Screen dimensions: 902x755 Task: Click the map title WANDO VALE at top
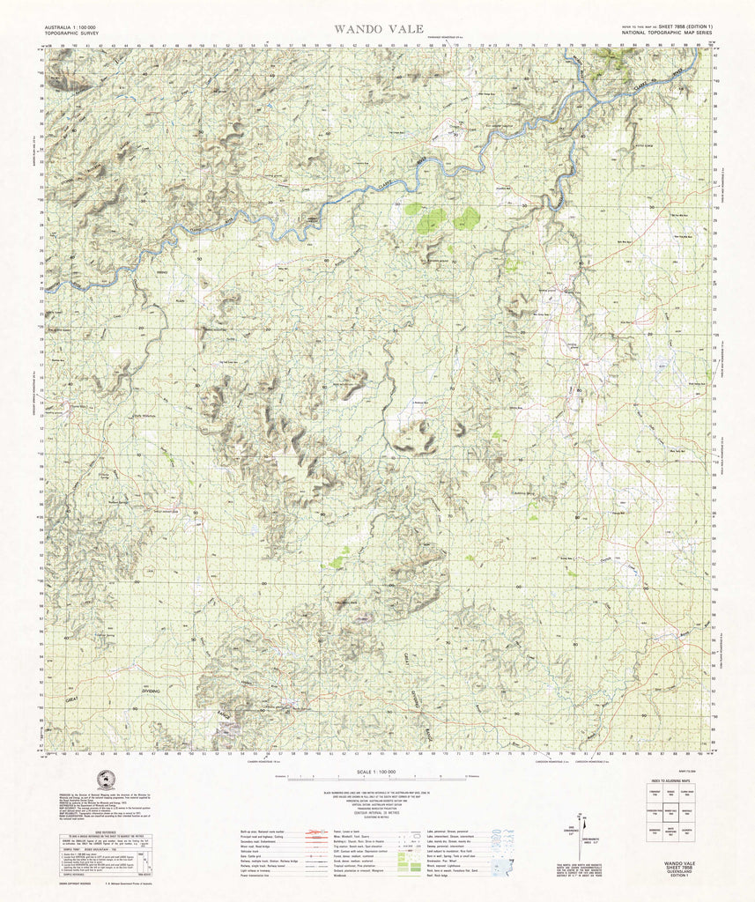[x=377, y=29]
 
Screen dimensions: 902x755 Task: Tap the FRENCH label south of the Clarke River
[x=161, y=273]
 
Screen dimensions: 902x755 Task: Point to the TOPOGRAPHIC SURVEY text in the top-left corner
[x=70, y=35]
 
